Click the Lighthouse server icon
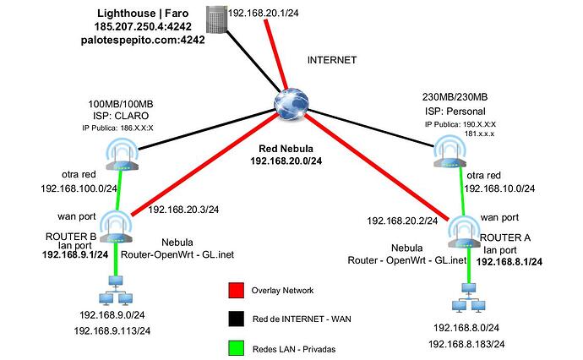tap(216, 20)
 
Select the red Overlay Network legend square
tap(236, 290)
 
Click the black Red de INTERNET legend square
tap(236, 319)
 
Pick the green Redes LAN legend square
tap(236, 348)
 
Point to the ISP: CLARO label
tap(121, 116)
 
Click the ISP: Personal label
tap(455, 112)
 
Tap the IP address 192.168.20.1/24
tap(264, 13)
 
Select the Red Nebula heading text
tap(286, 149)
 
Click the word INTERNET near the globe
tap(332, 60)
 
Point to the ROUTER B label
tap(71, 237)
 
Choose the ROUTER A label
tap(505, 237)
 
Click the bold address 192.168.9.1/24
tap(75, 254)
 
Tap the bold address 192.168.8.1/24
tap(509, 262)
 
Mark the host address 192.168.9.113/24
tap(112, 330)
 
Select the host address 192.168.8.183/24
tap(466, 344)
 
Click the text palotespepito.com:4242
tap(143, 40)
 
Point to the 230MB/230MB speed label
tap(455, 97)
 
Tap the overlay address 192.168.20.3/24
tap(183, 210)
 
